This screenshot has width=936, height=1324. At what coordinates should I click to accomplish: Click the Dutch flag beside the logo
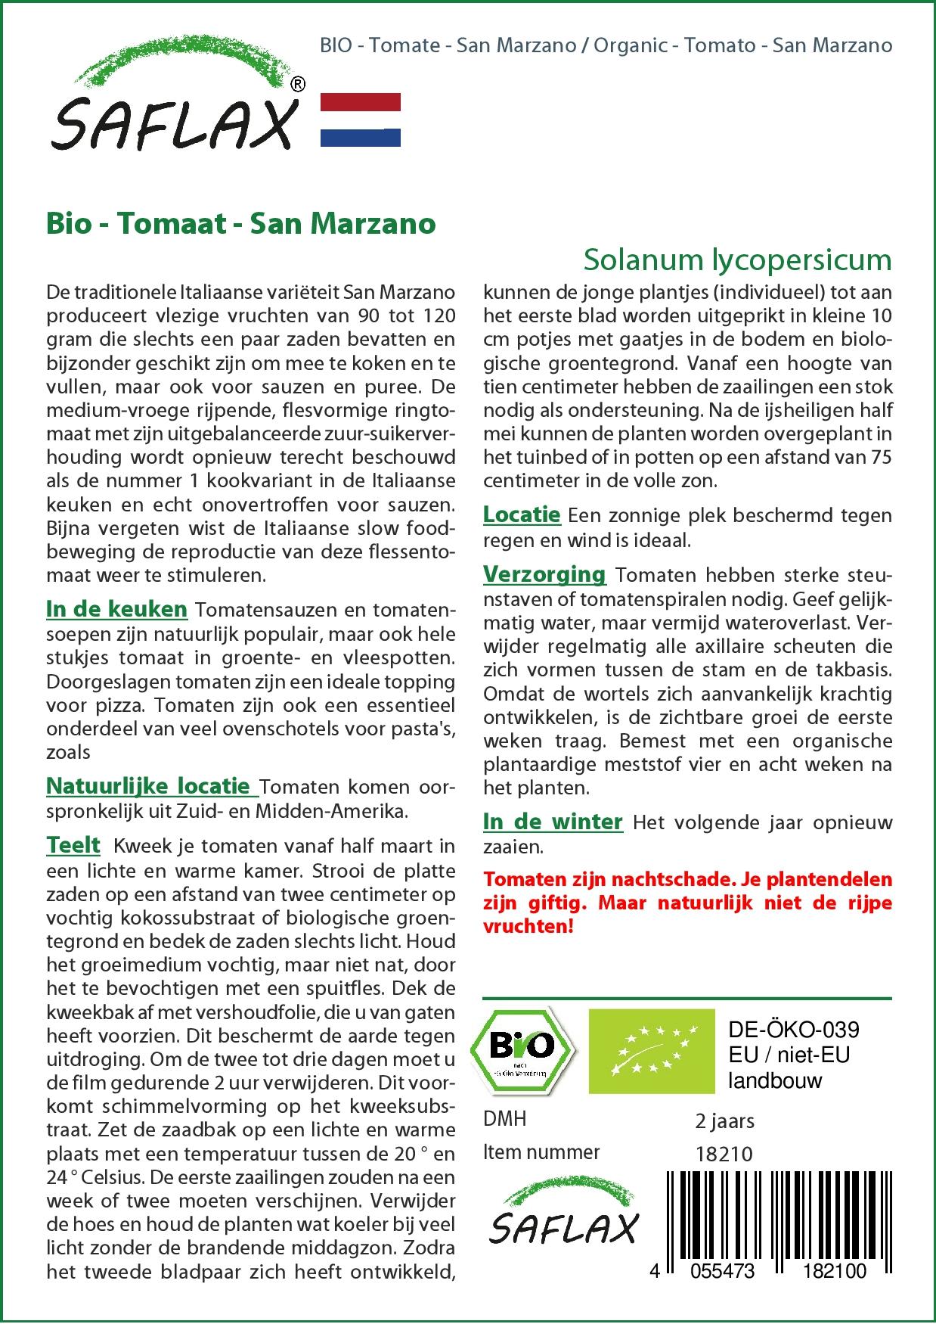pos(361,120)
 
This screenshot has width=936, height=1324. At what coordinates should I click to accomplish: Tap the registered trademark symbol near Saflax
pos(298,85)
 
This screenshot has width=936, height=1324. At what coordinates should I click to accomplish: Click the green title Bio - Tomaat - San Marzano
pos(241,223)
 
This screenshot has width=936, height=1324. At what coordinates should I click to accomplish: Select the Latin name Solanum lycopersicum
pos(737,260)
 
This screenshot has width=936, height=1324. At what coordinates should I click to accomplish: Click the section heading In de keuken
pos(116,609)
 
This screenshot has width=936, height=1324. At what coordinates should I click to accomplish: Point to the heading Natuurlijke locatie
pos(148,786)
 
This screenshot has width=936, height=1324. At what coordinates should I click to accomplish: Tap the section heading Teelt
pos(73,844)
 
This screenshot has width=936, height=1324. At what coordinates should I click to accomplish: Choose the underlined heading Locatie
pos(522,514)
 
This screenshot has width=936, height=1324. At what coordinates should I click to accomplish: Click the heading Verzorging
pos(544,574)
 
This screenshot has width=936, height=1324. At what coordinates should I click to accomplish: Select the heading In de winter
pos(553,822)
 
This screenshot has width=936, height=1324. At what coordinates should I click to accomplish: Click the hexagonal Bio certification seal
pos(522,1049)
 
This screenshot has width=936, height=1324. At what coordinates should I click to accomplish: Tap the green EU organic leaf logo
pos(651,1050)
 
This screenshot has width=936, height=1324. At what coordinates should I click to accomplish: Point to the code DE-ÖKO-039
pos(793,1030)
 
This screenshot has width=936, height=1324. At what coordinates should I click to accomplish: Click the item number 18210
pos(724,1154)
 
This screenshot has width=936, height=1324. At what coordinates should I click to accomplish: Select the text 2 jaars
pos(724,1120)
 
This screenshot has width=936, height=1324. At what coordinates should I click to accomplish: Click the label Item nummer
pos(541,1152)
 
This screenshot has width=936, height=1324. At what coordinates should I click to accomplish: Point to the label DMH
pos(504,1119)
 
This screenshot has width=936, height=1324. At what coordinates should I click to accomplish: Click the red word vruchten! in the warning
pos(528,926)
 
